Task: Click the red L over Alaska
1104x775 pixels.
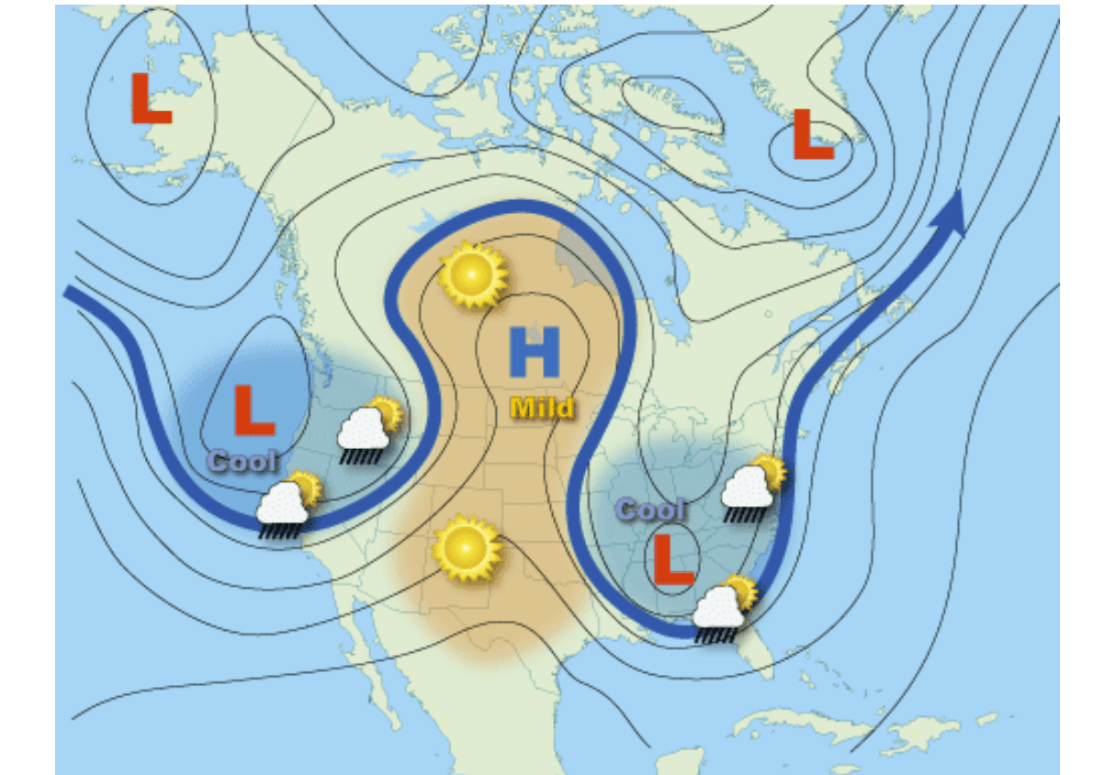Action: [151, 98]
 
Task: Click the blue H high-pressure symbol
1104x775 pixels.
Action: [535, 353]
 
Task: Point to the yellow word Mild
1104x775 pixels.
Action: [542, 407]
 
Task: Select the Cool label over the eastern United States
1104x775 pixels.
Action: [649, 510]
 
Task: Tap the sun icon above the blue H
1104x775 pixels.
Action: [473, 274]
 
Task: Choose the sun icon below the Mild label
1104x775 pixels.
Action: [467, 548]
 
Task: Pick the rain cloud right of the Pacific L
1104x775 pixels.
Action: [367, 428]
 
